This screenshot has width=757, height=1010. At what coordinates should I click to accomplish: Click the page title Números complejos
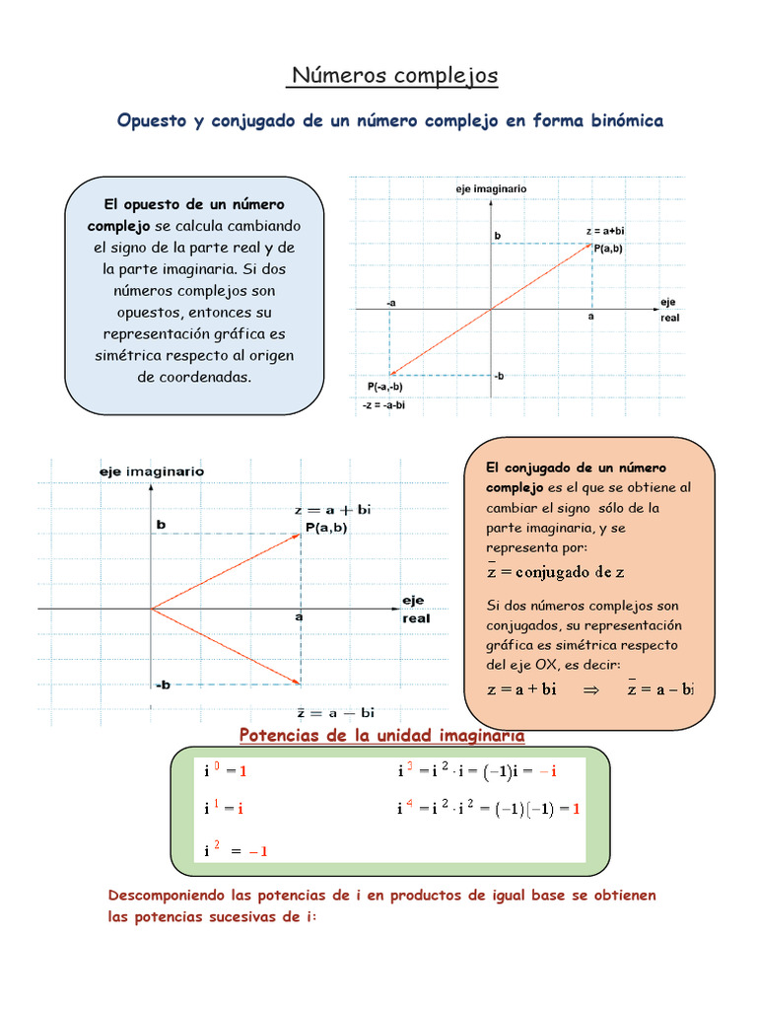tap(394, 76)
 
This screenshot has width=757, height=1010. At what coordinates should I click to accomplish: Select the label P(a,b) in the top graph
tap(608, 249)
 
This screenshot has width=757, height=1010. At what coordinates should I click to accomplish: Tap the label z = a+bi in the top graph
tap(605, 232)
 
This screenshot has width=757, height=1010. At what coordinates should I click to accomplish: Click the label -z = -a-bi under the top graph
tap(385, 404)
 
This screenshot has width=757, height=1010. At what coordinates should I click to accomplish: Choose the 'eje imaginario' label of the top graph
tap(491, 187)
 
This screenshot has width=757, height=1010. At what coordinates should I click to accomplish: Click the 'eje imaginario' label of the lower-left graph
tap(152, 471)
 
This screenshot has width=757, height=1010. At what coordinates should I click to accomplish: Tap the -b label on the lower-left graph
tap(163, 684)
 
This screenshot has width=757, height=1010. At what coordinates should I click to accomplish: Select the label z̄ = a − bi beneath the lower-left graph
tap(335, 712)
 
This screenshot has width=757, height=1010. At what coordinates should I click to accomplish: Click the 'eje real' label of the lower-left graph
tap(414, 609)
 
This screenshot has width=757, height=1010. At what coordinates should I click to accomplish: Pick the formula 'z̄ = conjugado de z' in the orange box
tap(556, 571)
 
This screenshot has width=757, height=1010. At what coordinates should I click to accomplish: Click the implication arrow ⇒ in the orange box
tap(591, 690)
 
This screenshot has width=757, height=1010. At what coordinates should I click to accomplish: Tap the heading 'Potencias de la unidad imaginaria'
tap(382, 736)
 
